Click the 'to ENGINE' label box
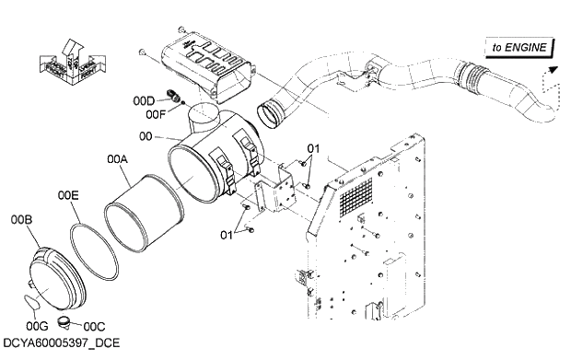coord(519,46)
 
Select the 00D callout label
coord(144,100)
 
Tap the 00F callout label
coord(156,114)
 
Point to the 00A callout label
coord(117,159)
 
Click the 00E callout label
coord(68,195)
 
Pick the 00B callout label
coord(21,220)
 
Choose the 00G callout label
coord(37,325)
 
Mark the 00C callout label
coord(94,325)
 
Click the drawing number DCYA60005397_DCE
coord(62,343)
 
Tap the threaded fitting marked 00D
coord(170,94)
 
